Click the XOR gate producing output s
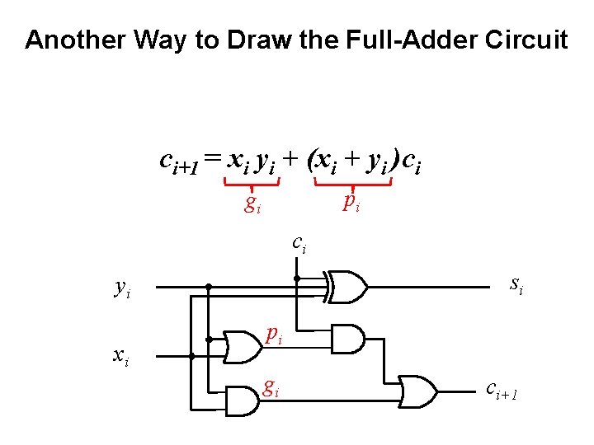point(347,288)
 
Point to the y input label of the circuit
point(122,288)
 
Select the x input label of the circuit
point(120,355)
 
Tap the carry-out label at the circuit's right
point(502,388)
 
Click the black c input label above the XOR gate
point(299,243)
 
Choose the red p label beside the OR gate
point(274,335)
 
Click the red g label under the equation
point(252,204)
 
